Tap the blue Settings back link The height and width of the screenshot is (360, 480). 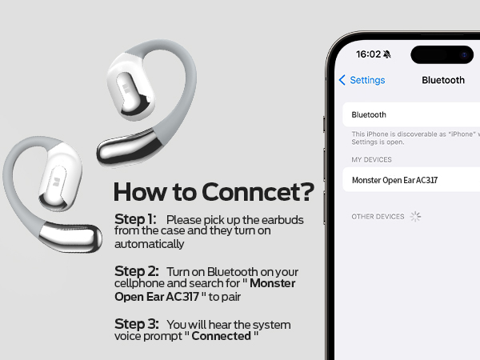click(x=362, y=80)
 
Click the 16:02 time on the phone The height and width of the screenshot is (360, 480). click(x=368, y=54)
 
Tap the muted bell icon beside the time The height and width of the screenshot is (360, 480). click(x=387, y=54)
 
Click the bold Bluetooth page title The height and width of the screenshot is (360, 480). click(x=443, y=80)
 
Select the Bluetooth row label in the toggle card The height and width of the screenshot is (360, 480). click(x=369, y=114)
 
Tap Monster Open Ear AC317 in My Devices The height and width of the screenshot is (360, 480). click(x=394, y=180)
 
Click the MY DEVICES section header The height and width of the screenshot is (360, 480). click(x=371, y=159)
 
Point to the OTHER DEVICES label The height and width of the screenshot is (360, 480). click(x=378, y=217)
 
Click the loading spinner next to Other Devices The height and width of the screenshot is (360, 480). click(x=415, y=217)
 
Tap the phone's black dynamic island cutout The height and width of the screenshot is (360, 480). click(x=442, y=54)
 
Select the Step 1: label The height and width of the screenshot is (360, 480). click(x=135, y=219)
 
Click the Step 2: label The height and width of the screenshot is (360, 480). click(x=137, y=271)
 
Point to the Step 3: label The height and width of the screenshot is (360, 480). click(x=137, y=324)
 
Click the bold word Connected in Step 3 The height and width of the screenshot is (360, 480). click(x=222, y=336)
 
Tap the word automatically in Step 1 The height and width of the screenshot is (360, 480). click(x=149, y=244)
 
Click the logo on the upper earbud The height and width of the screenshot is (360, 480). click(x=126, y=89)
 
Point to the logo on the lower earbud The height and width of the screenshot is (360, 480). click(x=56, y=182)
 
